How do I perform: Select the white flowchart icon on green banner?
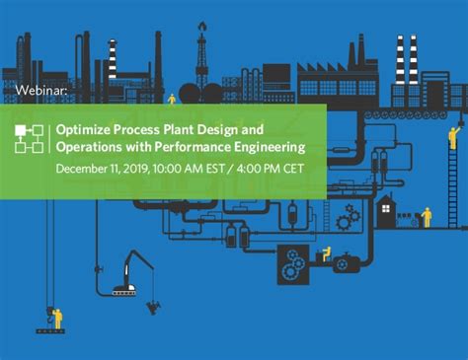[30, 139]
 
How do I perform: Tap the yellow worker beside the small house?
[427, 216]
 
